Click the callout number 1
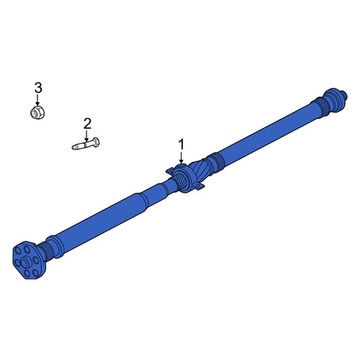[x=181, y=145]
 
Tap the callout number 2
[x=87, y=124]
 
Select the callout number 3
[x=38, y=88]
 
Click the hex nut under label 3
[x=38, y=112]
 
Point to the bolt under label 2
[x=86, y=143]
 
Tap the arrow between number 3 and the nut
[x=37, y=99]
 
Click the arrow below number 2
[x=86, y=135]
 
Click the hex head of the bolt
[x=96, y=142]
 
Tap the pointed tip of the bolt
[x=73, y=147]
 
